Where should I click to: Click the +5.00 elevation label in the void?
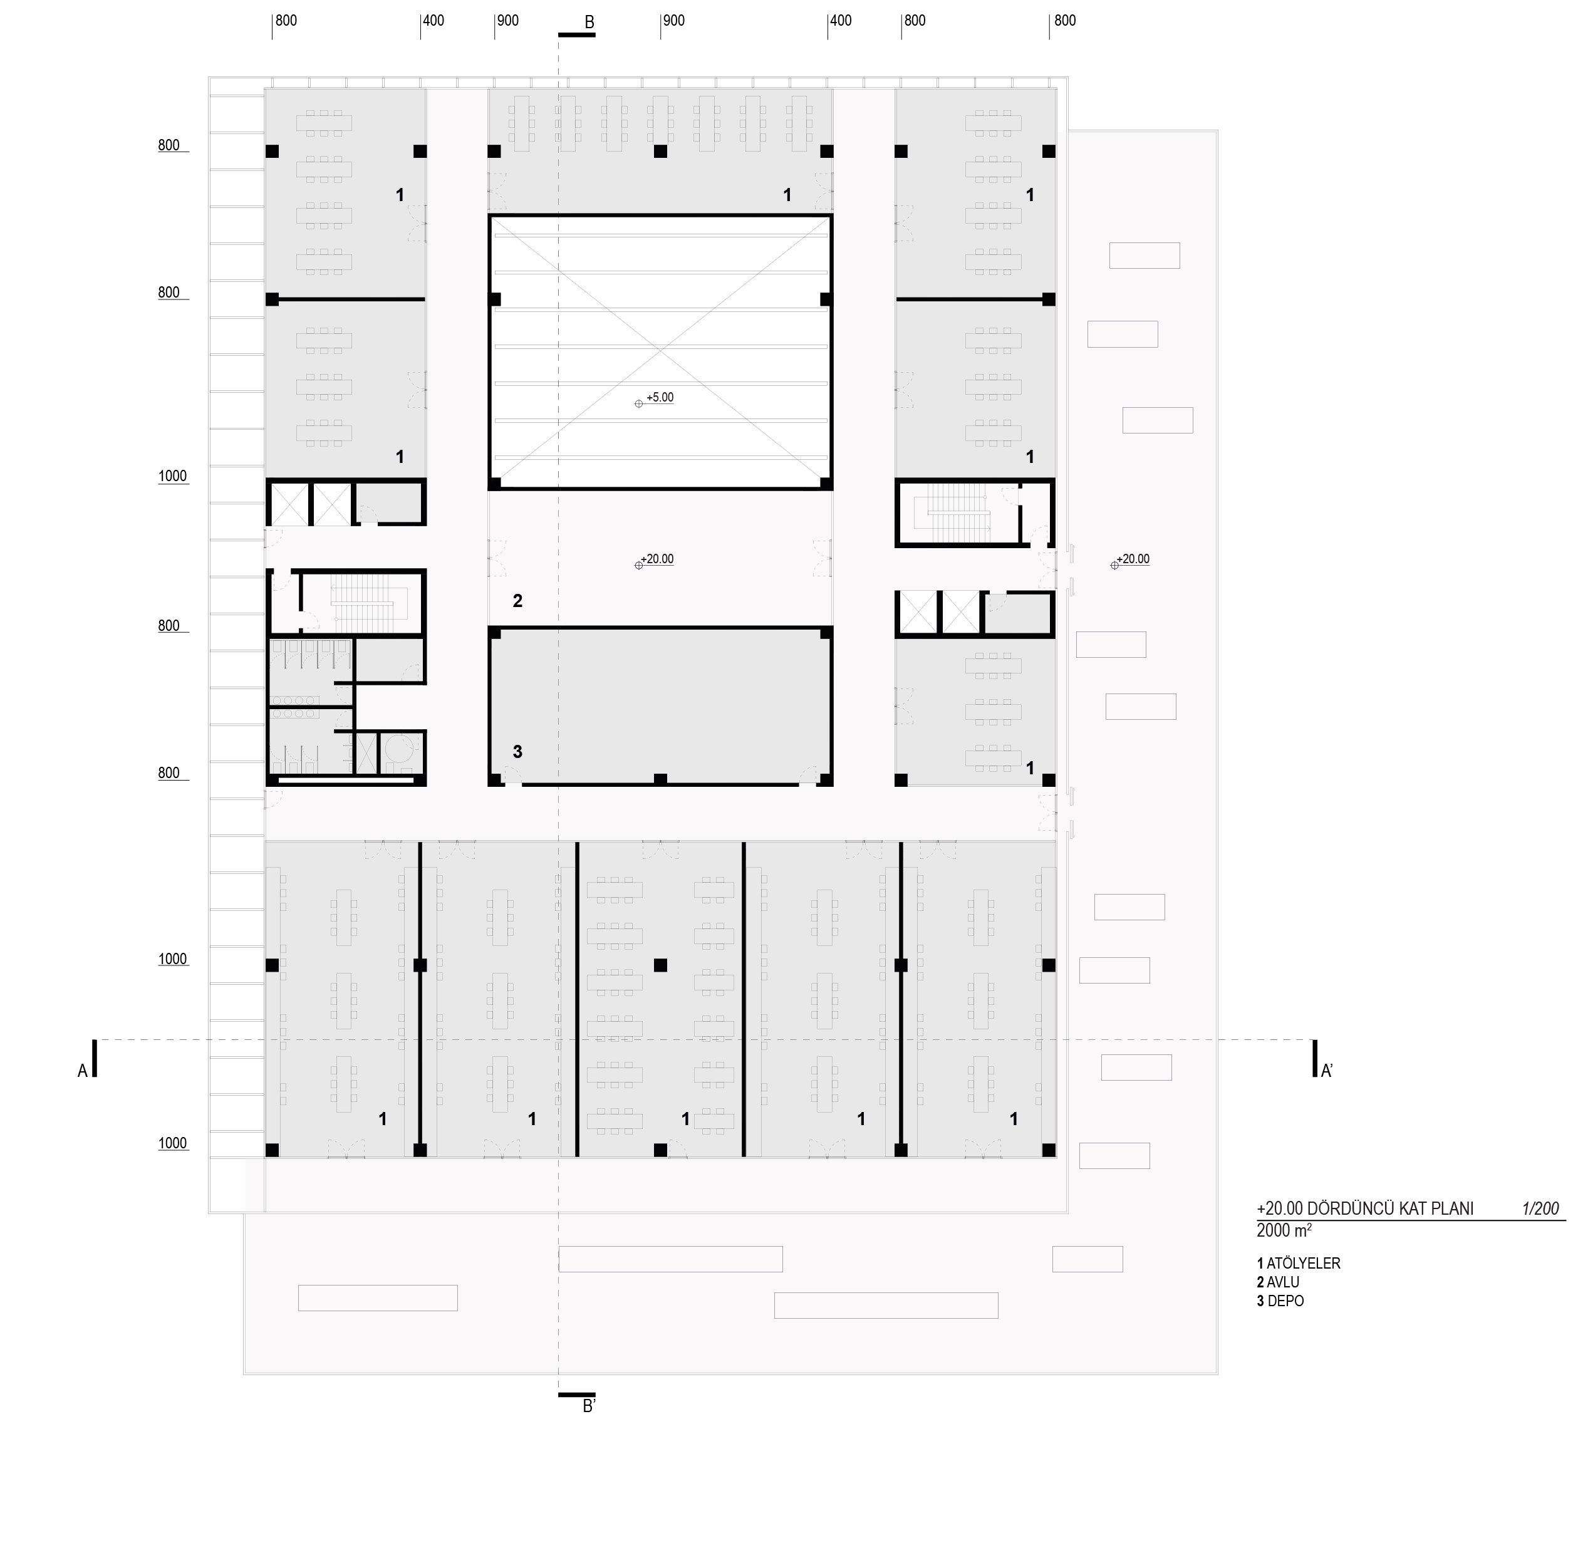[x=660, y=398]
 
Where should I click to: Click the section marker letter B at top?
[x=589, y=23]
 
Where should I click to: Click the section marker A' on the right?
[x=1327, y=1071]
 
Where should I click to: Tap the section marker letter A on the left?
[x=82, y=1071]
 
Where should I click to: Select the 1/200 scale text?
[x=1540, y=1208]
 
